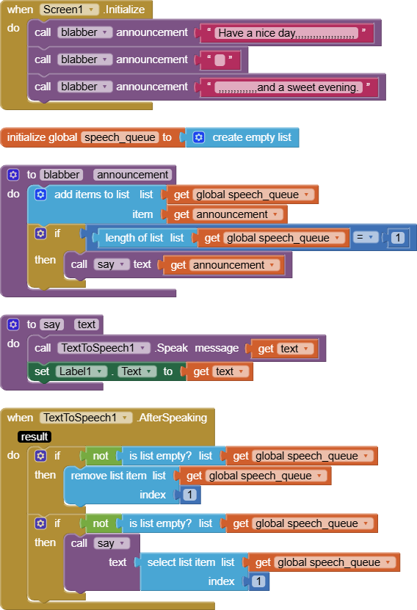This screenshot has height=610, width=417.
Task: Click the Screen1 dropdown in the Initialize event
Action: click(69, 10)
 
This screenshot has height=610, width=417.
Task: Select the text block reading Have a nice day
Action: click(286, 33)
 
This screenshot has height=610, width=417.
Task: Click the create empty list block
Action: click(242, 137)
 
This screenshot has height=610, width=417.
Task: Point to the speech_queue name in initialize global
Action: click(120, 137)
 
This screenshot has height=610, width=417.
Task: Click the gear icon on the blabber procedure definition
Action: click(13, 175)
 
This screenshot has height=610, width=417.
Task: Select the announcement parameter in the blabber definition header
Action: click(133, 175)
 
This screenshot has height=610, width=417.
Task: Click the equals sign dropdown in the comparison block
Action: click(366, 237)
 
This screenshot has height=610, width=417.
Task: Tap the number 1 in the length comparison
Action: click(398, 238)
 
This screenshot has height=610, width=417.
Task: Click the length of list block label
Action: click(134, 238)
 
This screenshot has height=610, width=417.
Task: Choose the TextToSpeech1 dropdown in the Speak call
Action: click(104, 348)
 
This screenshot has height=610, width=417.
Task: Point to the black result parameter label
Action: click(35, 437)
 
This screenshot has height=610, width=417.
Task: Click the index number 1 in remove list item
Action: click(190, 495)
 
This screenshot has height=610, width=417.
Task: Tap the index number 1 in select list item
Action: click(258, 581)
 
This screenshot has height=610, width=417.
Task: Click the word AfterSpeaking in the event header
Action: click(173, 418)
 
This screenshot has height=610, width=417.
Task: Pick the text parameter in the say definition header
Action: click(87, 324)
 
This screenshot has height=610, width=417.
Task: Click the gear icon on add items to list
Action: click(40, 195)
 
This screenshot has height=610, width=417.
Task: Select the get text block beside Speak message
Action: click(285, 349)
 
